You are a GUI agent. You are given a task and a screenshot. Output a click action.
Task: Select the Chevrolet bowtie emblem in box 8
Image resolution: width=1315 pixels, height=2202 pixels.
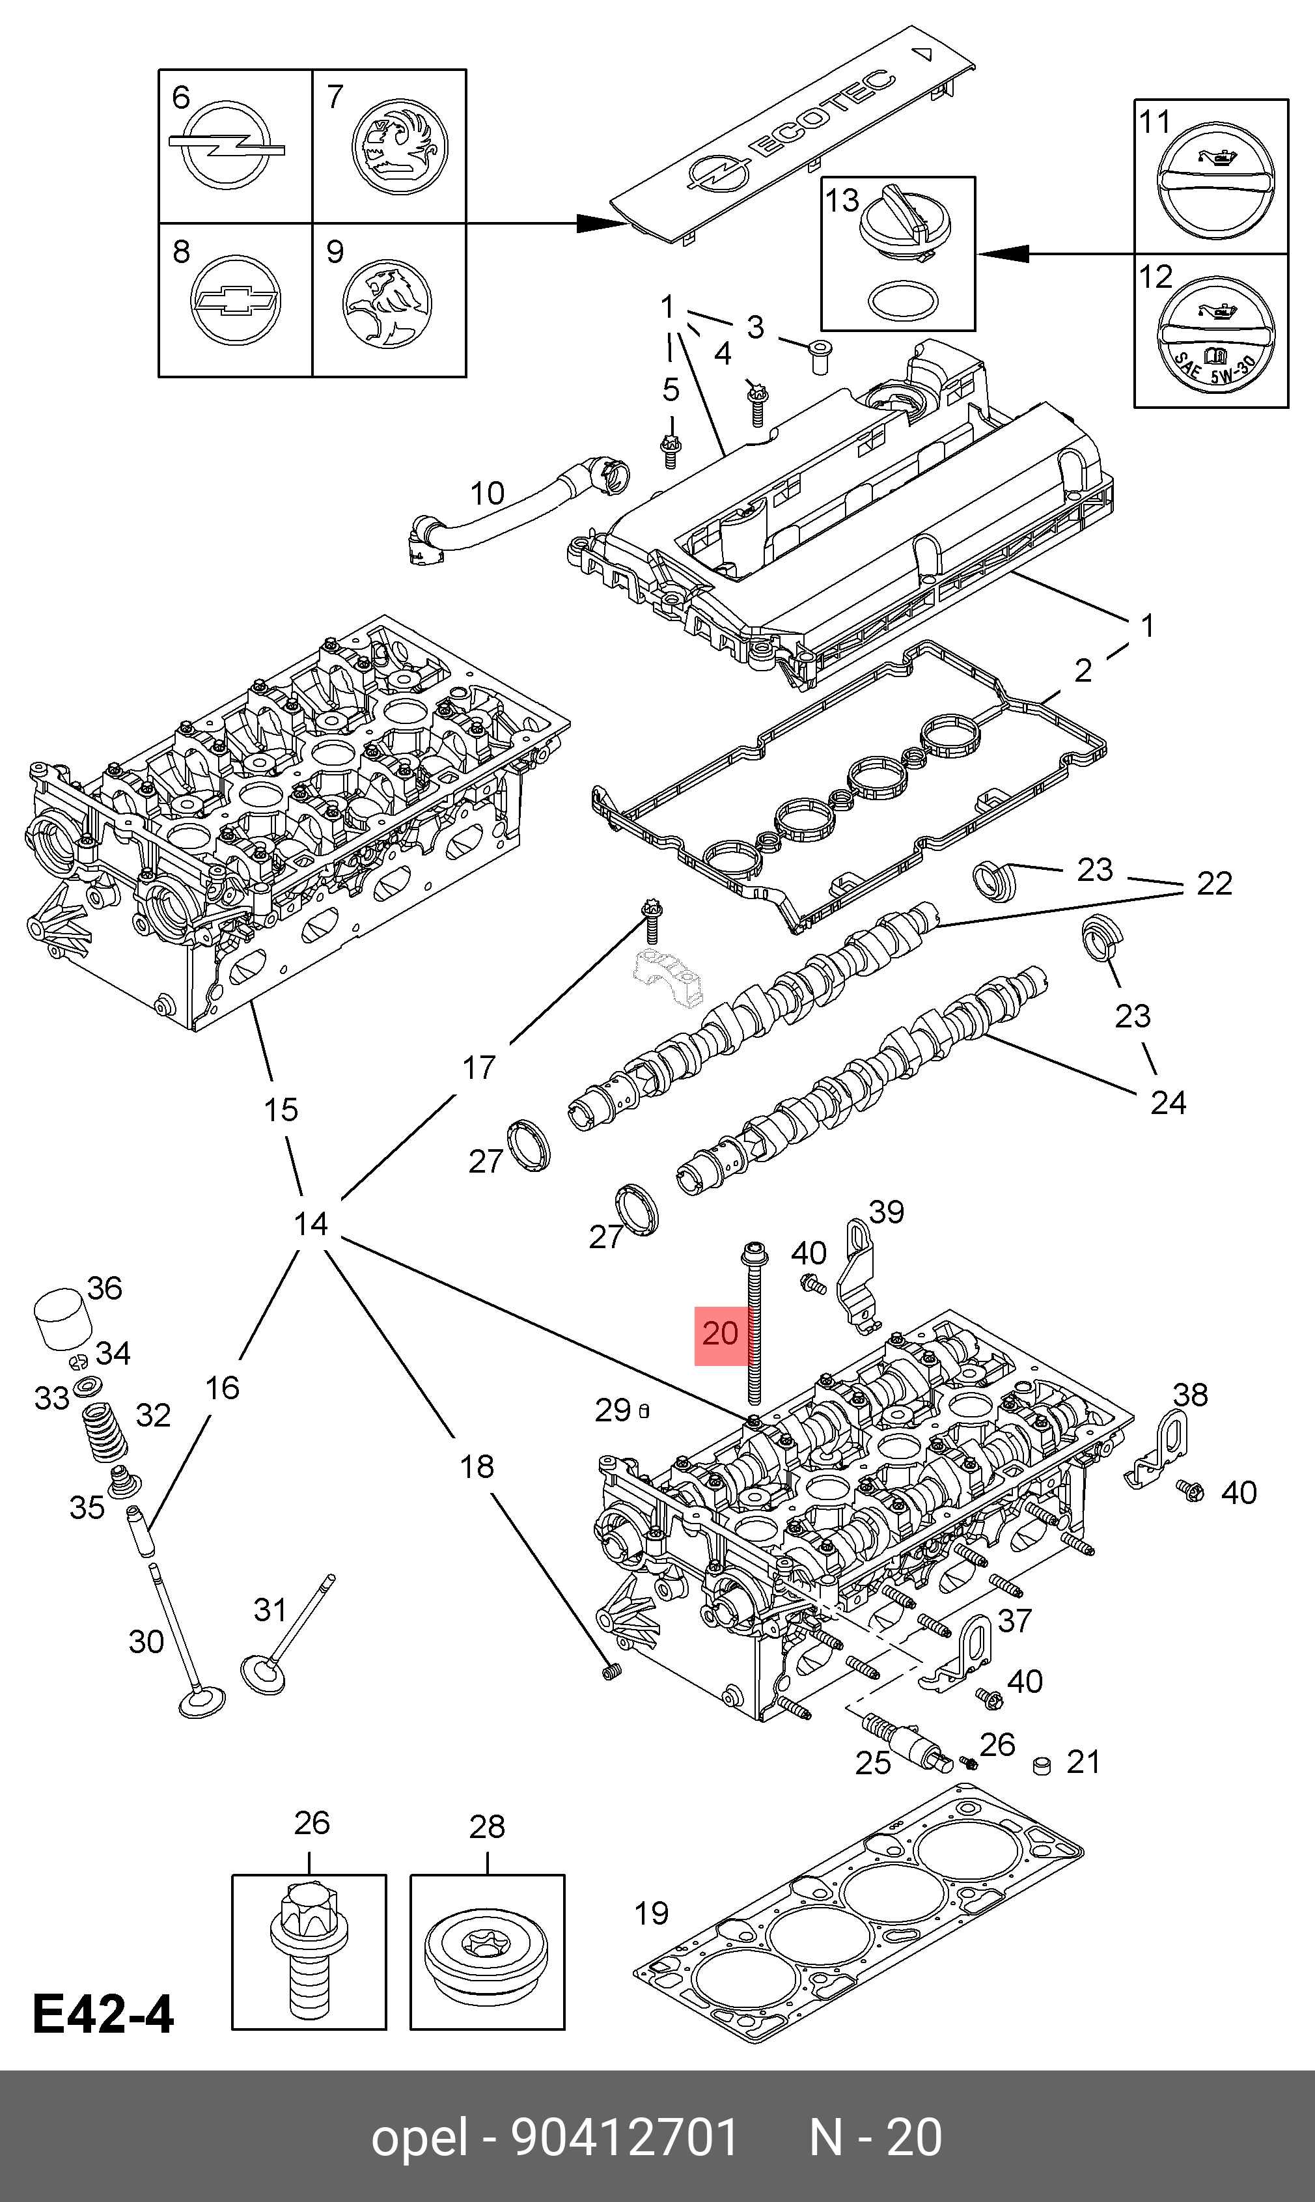[x=236, y=301]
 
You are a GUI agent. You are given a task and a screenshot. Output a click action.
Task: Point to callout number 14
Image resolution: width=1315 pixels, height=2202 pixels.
[x=310, y=1223]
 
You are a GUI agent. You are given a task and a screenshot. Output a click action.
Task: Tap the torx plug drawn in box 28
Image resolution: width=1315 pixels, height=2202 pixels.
[x=486, y=1969]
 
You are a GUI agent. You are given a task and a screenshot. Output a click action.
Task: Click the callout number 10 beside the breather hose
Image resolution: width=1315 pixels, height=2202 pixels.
[x=486, y=493]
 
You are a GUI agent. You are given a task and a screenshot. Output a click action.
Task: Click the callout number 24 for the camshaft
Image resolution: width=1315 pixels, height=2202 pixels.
[x=1168, y=1102]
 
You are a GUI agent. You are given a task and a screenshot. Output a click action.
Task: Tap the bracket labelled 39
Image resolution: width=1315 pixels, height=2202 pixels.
[x=854, y=1276]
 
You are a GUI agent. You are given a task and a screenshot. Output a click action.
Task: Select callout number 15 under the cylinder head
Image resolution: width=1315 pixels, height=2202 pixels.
[x=281, y=1109]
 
